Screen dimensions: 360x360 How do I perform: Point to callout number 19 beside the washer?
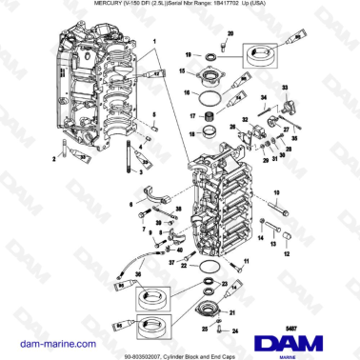coord(189,56)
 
